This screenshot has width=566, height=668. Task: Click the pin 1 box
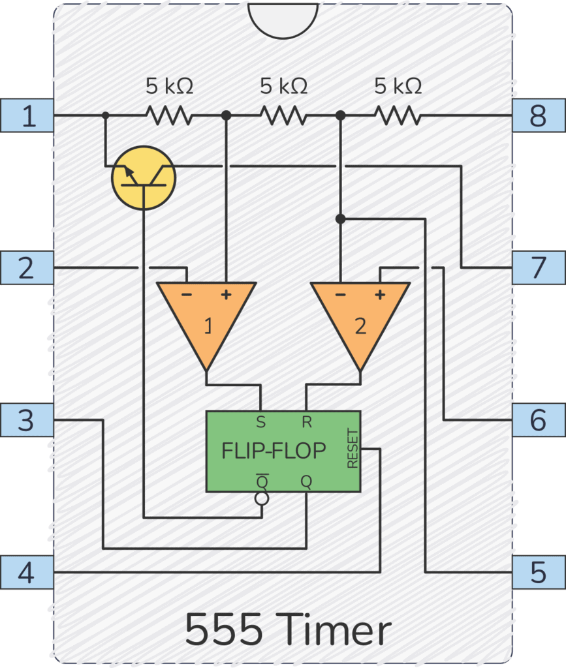[x=27, y=116]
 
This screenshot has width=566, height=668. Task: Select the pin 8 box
[x=538, y=116]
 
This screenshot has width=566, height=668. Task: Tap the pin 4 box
[x=27, y=573]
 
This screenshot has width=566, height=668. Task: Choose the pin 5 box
[x=538, y=573]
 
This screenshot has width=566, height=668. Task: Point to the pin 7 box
[x=538, y=267]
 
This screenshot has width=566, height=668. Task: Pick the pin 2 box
[x=27, y=267]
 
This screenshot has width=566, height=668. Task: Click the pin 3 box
[x=27, y=420]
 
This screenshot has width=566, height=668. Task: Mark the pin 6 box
[x=538, y=420]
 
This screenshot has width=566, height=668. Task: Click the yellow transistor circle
[x=144, y=177]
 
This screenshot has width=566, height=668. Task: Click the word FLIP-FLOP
[x=274, y=451]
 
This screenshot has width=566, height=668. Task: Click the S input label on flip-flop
[x=261, y=422]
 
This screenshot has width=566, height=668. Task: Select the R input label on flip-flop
[x=306, y=422]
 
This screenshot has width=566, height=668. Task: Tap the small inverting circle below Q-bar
[x=262, y=499]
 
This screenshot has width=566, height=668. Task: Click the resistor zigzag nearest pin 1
[x=169, y=116]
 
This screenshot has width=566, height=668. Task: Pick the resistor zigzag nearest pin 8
[x=398, y=116]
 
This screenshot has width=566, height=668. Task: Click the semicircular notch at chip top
[x=283, y=18]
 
